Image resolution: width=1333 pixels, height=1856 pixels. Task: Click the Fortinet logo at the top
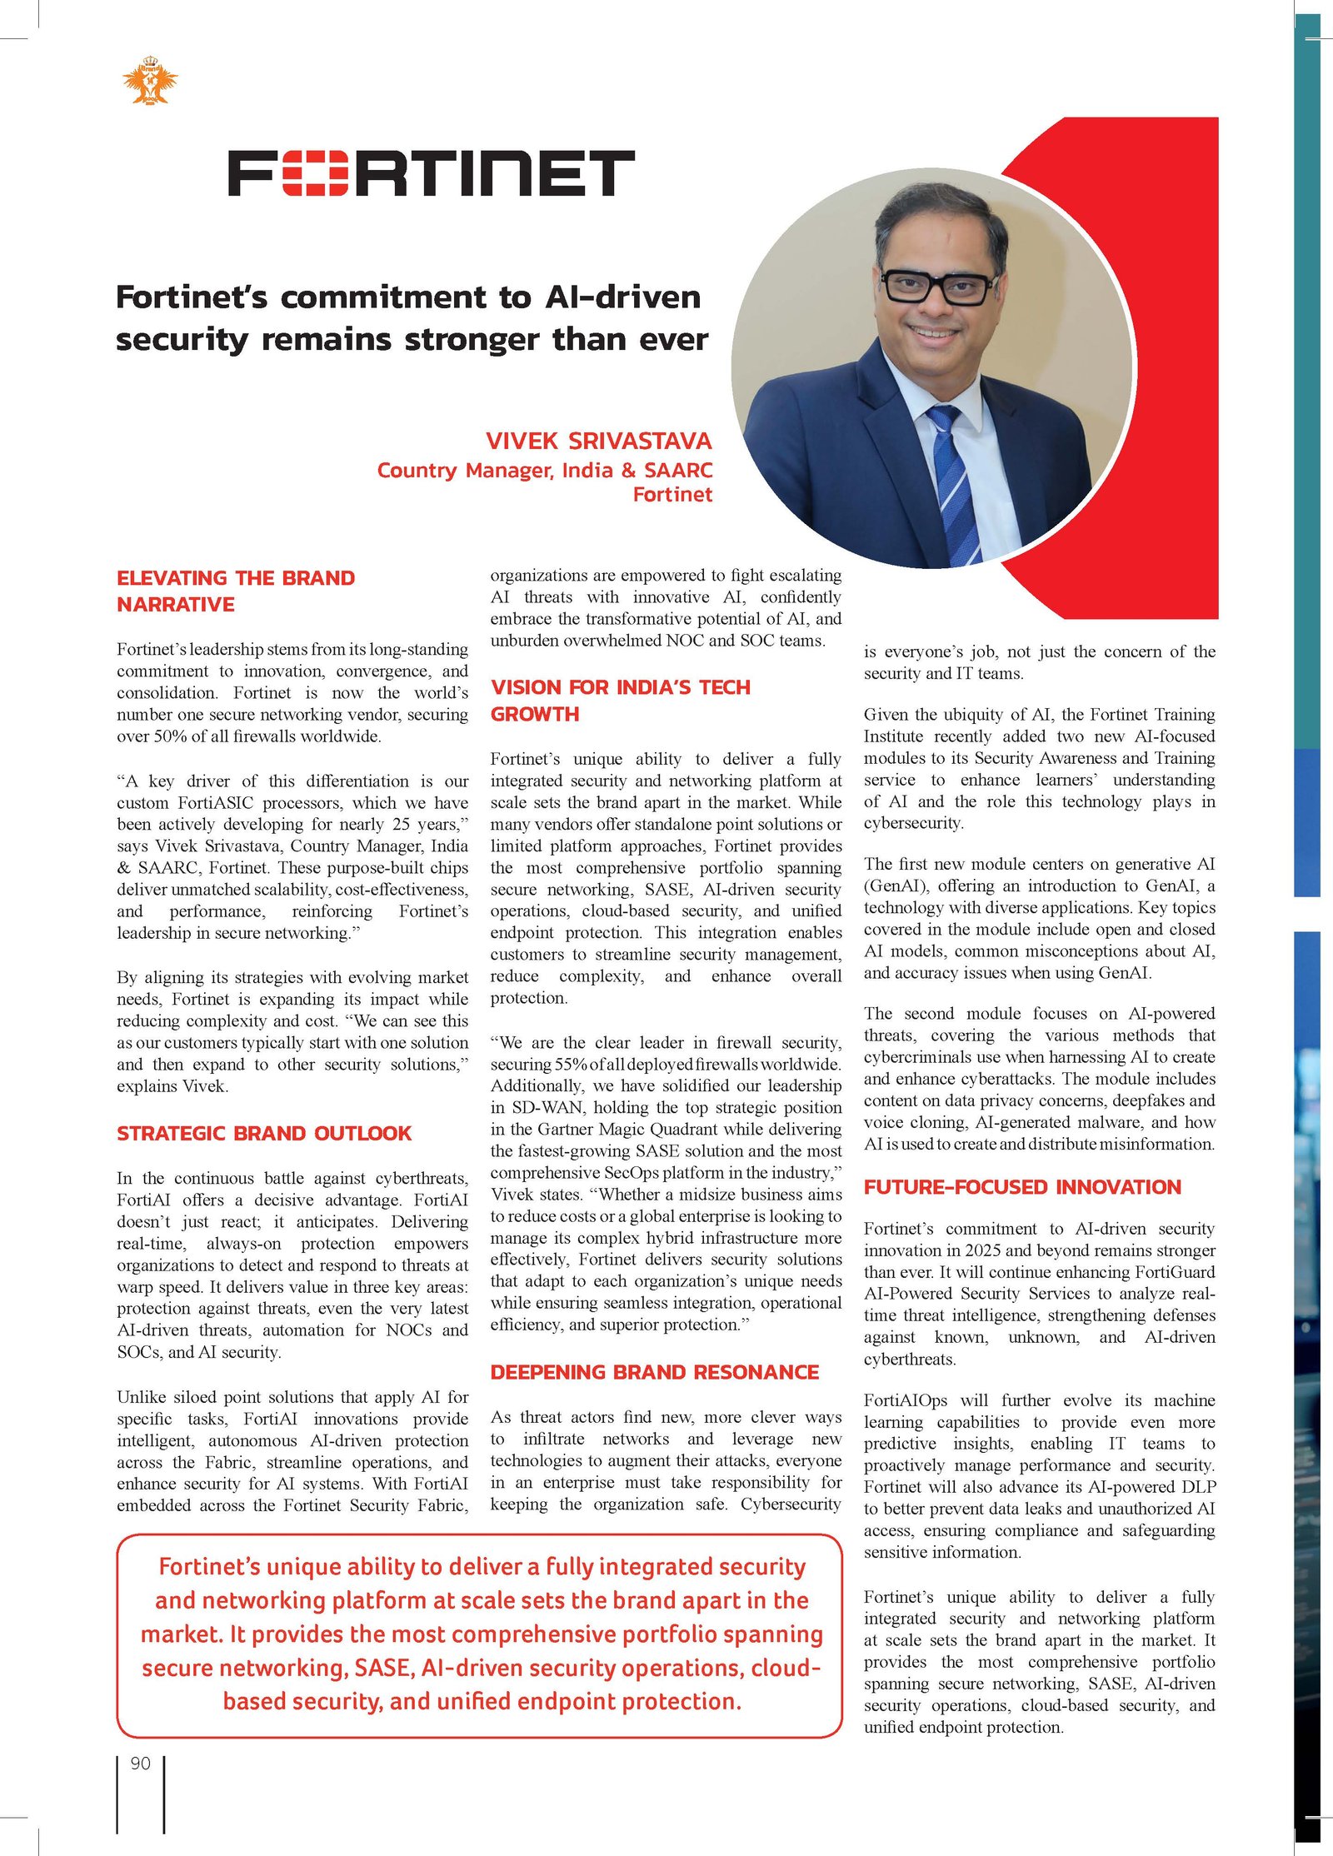(x=431, y=173)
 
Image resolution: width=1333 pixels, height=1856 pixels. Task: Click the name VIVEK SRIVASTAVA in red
(x=598, y=441)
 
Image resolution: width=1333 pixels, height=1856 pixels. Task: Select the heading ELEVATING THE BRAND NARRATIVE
(x=236, y=591)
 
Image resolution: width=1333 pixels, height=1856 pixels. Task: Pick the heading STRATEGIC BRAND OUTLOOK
(x=264, y=1133)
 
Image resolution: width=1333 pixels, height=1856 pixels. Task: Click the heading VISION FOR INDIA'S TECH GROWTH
(x=620, y=700)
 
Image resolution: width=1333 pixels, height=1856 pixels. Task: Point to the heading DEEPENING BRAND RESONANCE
(x=654, y=1372)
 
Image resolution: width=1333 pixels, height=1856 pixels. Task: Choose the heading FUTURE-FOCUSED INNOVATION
(x=1022, y=1187)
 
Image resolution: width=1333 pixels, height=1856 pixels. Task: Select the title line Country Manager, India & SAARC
(x=544, y=471)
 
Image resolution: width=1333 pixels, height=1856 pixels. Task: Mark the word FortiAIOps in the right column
(x=906, y=1400)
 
